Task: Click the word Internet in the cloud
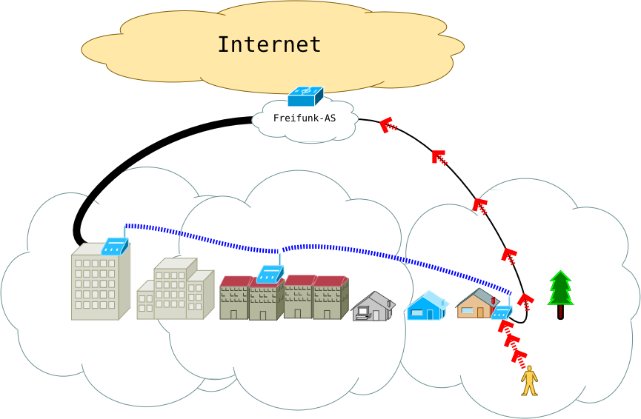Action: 269,44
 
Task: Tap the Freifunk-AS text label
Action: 305,118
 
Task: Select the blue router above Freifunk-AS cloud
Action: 305,96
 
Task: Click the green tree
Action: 561,290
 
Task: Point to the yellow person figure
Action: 529,381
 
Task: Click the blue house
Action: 427,305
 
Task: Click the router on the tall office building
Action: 115,246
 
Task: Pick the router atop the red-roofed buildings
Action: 270,275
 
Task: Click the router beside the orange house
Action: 502,312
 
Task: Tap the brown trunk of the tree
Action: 561,312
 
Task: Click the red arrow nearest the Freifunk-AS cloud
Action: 388,126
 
